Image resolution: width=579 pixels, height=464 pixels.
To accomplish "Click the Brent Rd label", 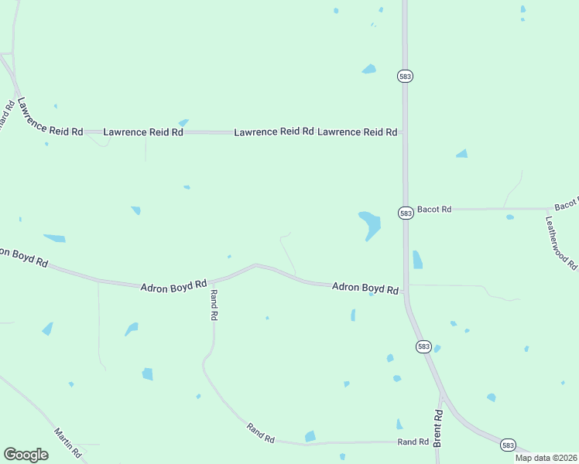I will [438, 428].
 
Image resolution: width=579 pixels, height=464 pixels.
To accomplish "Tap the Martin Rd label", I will [67, 442].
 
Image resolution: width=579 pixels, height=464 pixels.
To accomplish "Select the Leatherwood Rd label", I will [562, 241].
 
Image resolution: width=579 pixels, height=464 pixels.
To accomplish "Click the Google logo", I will [26, 455].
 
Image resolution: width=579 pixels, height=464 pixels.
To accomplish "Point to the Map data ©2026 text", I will [546, 458].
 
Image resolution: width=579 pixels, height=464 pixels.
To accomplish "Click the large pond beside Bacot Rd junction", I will [369, 224].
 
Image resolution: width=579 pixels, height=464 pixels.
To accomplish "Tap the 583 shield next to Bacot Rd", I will [406, 213].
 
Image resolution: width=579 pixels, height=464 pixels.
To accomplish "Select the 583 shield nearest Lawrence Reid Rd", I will [406, 76].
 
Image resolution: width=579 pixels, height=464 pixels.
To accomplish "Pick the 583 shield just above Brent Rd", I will [423, 346].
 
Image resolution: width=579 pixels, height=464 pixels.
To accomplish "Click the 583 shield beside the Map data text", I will [508, 445].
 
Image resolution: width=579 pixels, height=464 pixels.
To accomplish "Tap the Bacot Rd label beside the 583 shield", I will [434, 209].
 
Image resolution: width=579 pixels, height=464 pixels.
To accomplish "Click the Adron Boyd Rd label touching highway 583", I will [365, 288].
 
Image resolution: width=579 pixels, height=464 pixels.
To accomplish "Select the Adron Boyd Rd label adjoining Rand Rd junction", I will [173, 285].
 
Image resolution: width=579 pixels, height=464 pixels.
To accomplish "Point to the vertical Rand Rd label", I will [214, 305].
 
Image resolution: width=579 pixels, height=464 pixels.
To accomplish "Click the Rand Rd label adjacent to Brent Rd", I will [413, 442].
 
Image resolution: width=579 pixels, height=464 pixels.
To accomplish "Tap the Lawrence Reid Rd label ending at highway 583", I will [358, 132].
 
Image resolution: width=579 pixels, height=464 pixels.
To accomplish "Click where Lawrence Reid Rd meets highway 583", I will [404, 132].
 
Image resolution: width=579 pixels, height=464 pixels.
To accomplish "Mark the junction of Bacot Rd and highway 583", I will [405, 209].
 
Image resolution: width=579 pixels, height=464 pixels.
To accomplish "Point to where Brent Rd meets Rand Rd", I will [437, 442].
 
